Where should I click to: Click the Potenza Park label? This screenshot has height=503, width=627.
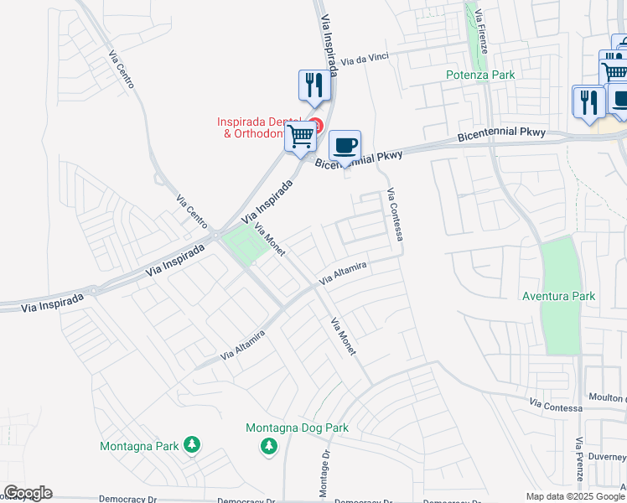click(479, 75)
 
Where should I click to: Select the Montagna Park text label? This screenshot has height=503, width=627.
click(139, 446)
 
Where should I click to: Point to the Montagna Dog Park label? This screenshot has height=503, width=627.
click(297, 428)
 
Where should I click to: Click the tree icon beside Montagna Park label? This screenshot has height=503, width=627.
click(192, 444)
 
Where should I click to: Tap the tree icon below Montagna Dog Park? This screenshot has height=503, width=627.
click(269, 447)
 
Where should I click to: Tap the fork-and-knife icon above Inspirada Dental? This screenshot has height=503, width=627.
click(313, 86)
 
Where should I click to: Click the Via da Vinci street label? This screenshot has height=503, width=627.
click(365, 60)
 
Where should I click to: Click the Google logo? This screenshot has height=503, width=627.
click(28, 493)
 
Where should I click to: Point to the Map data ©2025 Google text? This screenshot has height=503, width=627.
click(575, 496)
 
